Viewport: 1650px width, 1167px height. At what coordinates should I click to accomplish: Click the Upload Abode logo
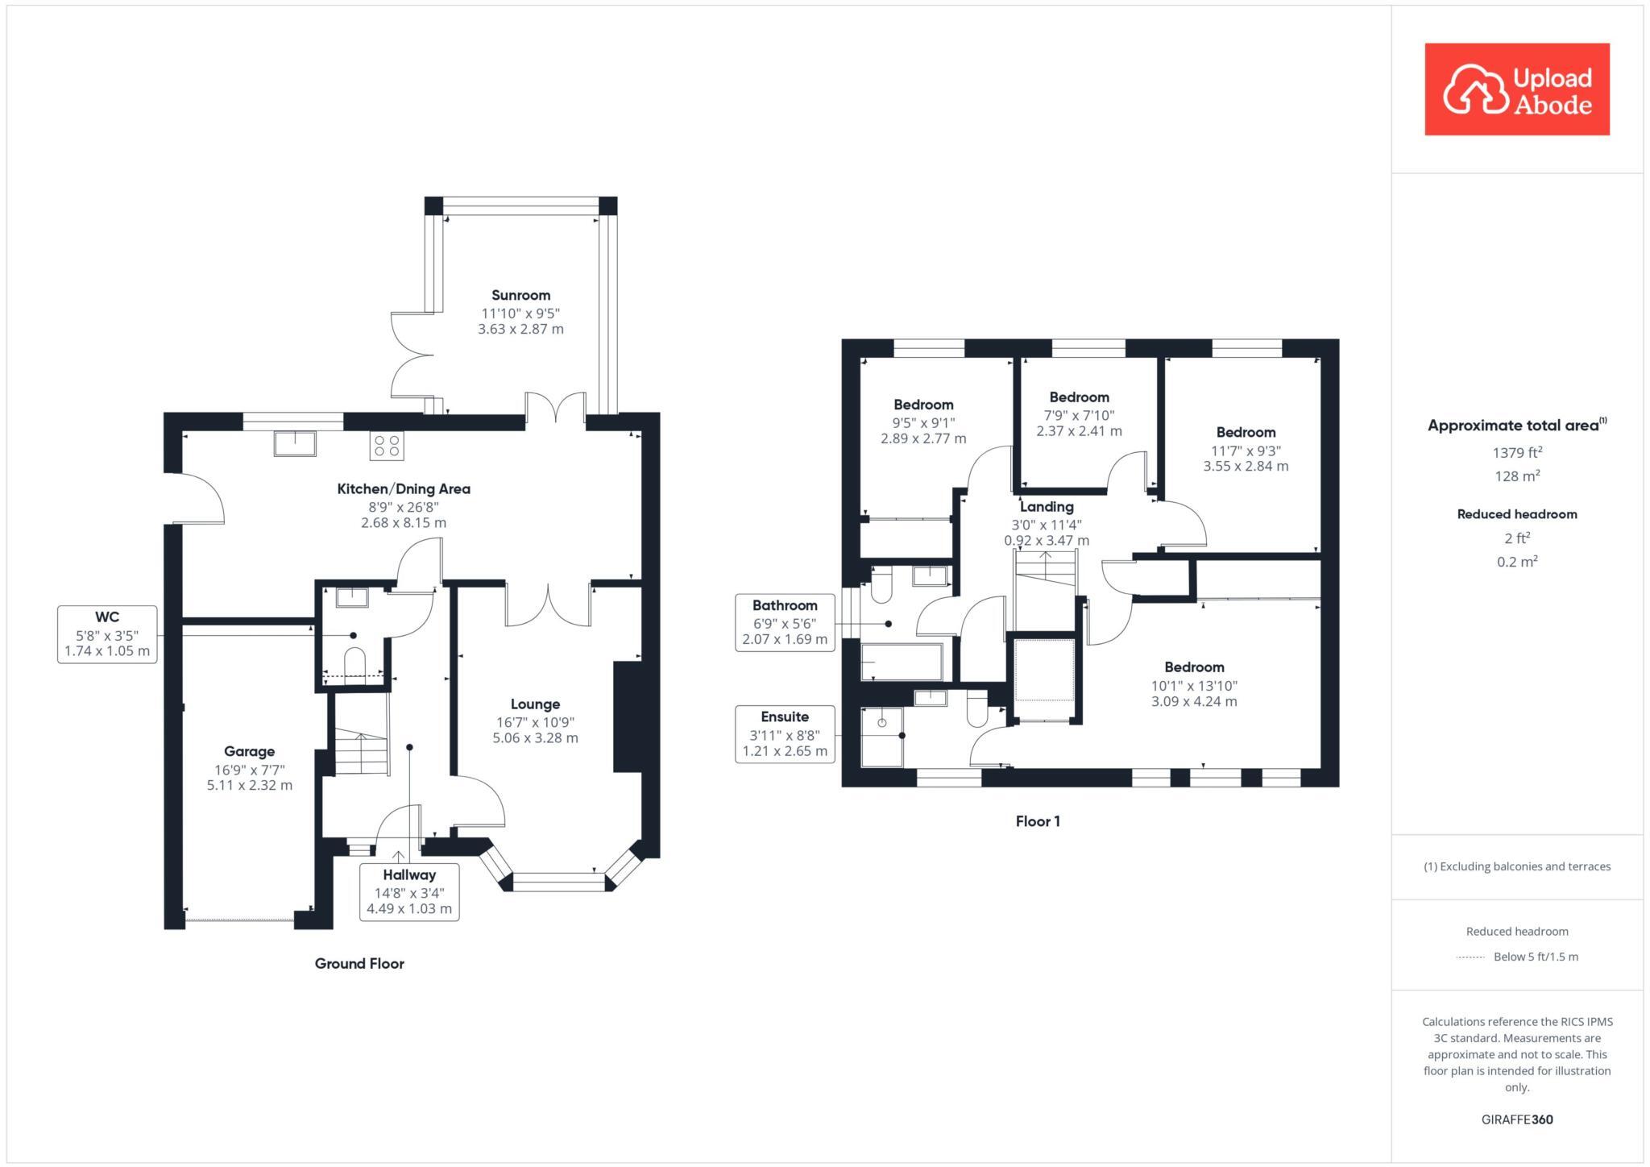click(1516, 89)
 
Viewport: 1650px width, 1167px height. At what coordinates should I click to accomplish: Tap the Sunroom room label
click(520, 295)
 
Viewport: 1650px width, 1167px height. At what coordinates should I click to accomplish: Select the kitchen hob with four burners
click(387, 446)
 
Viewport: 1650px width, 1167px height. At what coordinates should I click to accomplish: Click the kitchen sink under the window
click(296, 443)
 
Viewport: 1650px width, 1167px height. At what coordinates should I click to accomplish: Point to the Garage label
click(249, 751)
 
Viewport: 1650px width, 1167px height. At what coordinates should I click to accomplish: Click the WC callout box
click(106, 634)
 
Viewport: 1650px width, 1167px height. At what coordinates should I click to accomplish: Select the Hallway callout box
click(409, 891)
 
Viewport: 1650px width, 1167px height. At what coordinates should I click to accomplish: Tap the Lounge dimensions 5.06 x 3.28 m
click(535, 737)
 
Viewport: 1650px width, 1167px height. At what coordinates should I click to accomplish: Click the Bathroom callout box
click(785, 622)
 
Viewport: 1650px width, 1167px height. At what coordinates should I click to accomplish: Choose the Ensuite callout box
click(785, 733)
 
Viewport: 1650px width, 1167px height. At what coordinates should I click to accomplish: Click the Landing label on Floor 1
click(1047, 507)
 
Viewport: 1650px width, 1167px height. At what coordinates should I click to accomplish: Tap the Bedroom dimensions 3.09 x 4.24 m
click(1194, 701)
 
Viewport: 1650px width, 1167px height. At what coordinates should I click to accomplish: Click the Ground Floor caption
click(359, 963)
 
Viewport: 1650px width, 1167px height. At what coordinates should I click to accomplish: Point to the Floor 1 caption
click(1038, 821)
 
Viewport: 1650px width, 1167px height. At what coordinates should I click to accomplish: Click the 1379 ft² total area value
click(1517, 452)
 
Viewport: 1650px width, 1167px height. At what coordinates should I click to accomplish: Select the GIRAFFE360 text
click(1516, 1119)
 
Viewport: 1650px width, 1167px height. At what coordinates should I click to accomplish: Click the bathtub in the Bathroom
click(902, 662)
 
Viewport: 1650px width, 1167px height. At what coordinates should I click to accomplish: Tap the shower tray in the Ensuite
click(882, 737)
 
